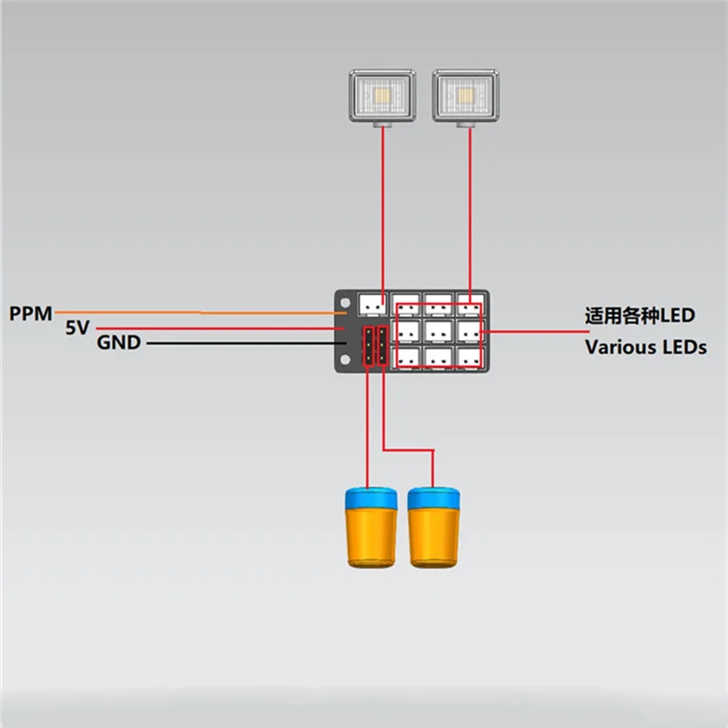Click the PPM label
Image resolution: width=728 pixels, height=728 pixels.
(x=31, y=314)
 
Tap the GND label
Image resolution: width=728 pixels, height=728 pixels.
(x=118, y=344)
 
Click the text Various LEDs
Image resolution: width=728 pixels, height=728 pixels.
(x=645, y=347)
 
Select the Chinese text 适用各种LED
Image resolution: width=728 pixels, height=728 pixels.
(x=640, y=316)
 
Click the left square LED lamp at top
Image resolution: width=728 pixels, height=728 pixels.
(x=382, y=96)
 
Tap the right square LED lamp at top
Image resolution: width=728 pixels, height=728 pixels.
(x=468, y=95)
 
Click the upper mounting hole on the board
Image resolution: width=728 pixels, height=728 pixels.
(x=344, y=303)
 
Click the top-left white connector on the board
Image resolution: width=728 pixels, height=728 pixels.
(x=373, y=304)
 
